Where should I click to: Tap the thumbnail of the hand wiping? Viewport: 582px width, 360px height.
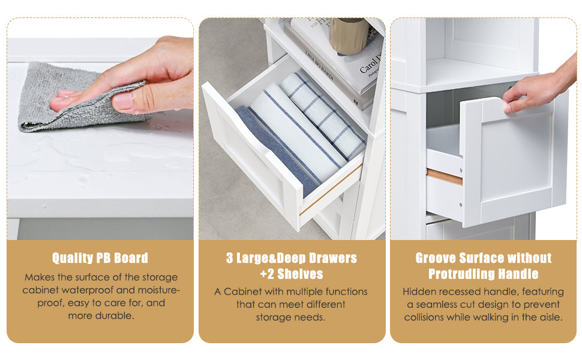coord(100,129)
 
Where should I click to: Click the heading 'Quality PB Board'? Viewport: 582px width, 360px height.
coord(100,258)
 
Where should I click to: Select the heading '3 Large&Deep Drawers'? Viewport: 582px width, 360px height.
coord(292,258)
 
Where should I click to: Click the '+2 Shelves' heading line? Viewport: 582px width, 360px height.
coord(292,274)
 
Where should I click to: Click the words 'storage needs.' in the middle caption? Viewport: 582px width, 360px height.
coord(290,317)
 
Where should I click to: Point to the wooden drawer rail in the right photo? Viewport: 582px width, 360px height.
coord(444,176)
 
